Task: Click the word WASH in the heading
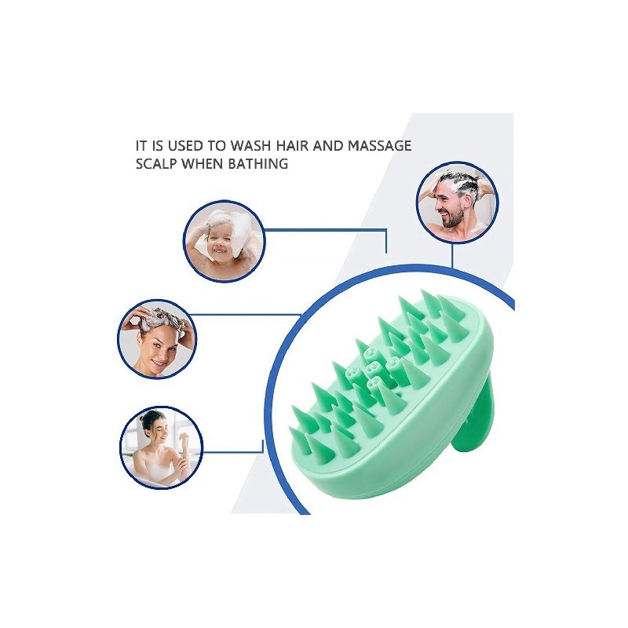pyautogui.click(x=250, y=146)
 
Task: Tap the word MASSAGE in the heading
pyautogui.click(x=379, y=146)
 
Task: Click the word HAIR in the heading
pyautogui.click(x=291, y=146)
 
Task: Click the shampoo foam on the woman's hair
pyautogui.click(x=160, y=319)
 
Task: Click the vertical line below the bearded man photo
pyautogui.click(x=452, y=254)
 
